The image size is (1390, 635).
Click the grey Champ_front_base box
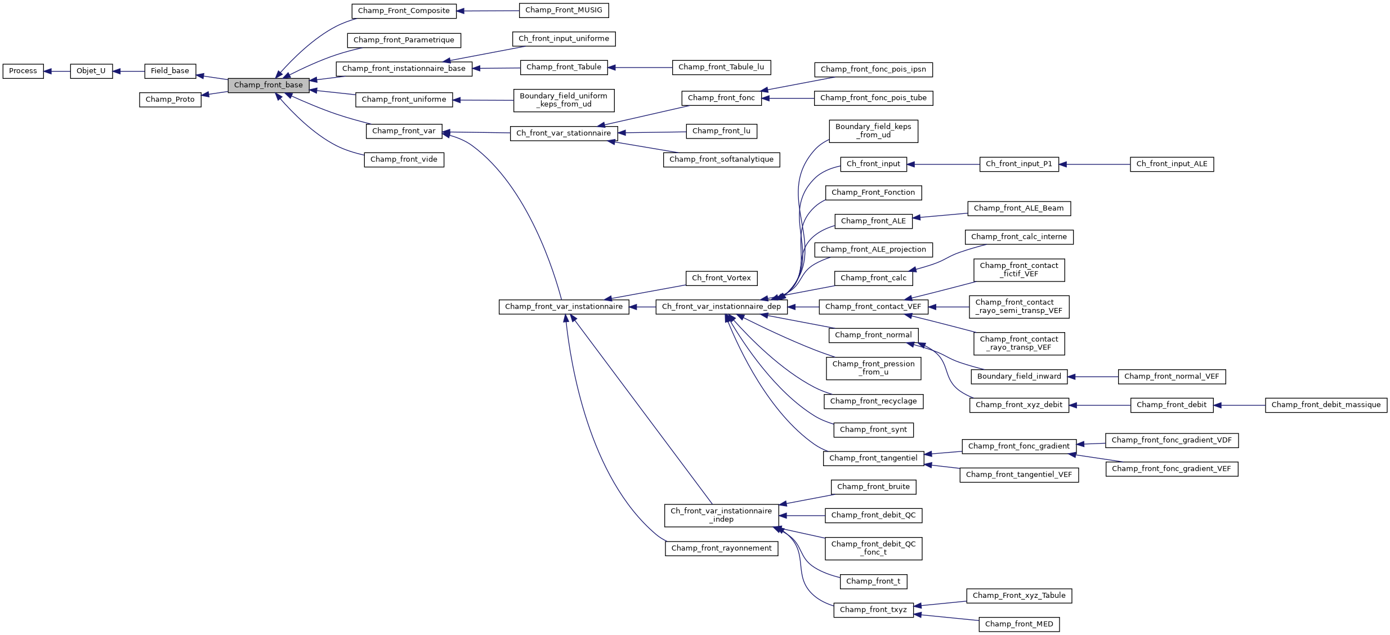point(268,85)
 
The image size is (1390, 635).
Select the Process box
point(23,71)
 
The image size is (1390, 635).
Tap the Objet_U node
point(91,71)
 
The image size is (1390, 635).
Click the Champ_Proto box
point(170,100)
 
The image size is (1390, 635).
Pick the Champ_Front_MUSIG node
point(564,10)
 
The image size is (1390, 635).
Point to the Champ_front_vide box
point(404,159)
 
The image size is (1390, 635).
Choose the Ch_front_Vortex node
point(721,278)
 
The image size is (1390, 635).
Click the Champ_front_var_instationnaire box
point(564,307)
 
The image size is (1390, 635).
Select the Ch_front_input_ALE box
point(1172,164)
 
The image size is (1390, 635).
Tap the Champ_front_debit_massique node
point(1326,405)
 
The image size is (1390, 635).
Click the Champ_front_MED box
point(1019,624)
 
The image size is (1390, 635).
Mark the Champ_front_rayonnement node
point(721,548)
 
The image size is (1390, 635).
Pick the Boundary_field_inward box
point(1019,377)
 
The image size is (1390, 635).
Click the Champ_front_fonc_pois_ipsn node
point(873,69)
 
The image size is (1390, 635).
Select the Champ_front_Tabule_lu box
point(721,67)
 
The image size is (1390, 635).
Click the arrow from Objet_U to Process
point(57,71)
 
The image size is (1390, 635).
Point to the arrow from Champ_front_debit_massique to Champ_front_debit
point(1239,405)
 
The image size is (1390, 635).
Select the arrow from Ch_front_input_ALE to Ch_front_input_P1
point(1094,164)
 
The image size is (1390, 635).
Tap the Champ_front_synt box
point(873,430)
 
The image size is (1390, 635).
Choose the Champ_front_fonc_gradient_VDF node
point(1172,440)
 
